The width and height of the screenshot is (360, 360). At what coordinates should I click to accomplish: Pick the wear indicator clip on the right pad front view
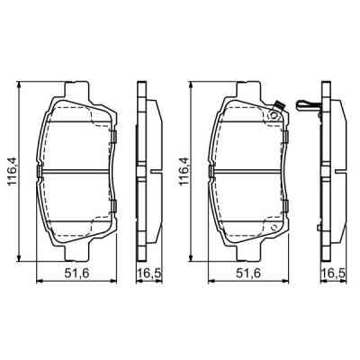tap(276, 112)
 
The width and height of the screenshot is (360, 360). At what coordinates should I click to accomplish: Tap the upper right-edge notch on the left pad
tap(117, 137)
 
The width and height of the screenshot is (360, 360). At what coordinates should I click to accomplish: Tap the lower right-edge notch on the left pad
tap(117, 209)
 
